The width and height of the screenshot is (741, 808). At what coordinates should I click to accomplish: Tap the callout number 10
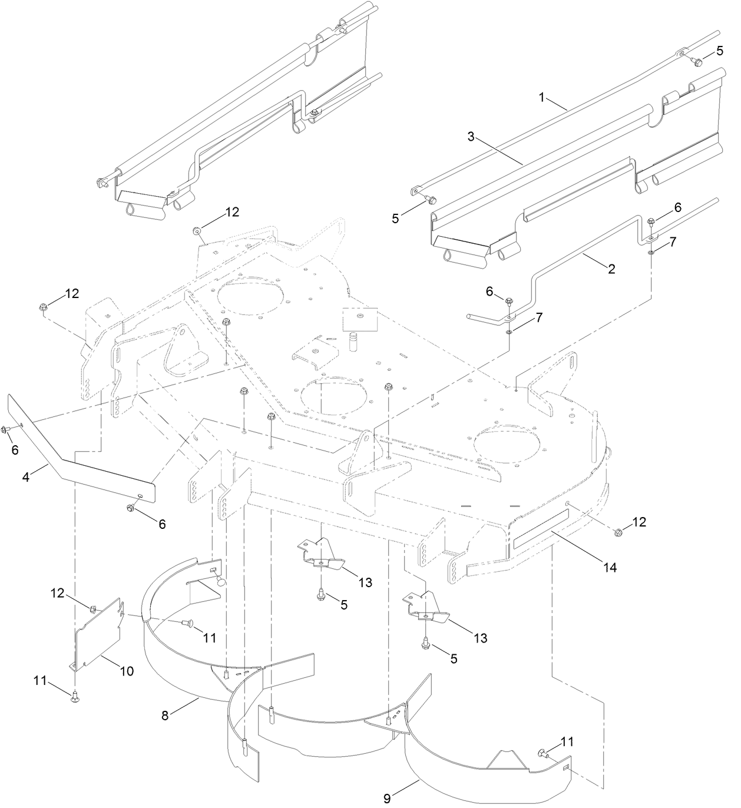(x=127, y=671)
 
